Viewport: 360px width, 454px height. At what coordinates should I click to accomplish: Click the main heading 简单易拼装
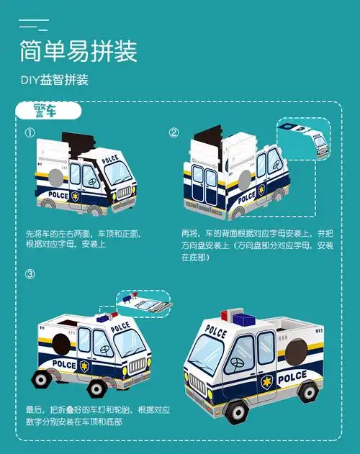point(78,52)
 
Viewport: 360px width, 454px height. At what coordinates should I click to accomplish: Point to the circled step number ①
point(30,133)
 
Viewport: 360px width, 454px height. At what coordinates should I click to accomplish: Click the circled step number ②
point(174,133)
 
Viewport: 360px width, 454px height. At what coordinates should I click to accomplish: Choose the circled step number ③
point(30,274)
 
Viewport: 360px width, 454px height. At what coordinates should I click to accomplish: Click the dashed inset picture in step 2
point(304,139)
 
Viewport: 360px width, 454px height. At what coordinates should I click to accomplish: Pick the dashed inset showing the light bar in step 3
point(143,301)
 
